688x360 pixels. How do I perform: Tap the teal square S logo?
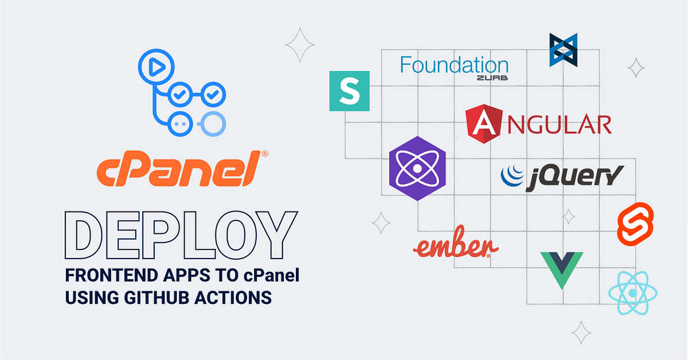coord(349,91)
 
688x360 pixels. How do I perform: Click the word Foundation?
coord(454,65)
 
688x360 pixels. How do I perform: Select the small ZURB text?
coord(492,78)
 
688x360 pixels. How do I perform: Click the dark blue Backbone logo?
coord(563,50)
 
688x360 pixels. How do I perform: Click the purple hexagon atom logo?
coord(417,169)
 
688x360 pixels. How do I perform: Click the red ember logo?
coord(455,247)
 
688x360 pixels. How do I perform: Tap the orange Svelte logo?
coord(634,222)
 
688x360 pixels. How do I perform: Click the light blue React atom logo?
coord(633,293)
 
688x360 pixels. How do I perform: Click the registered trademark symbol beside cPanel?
coord(265,154)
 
